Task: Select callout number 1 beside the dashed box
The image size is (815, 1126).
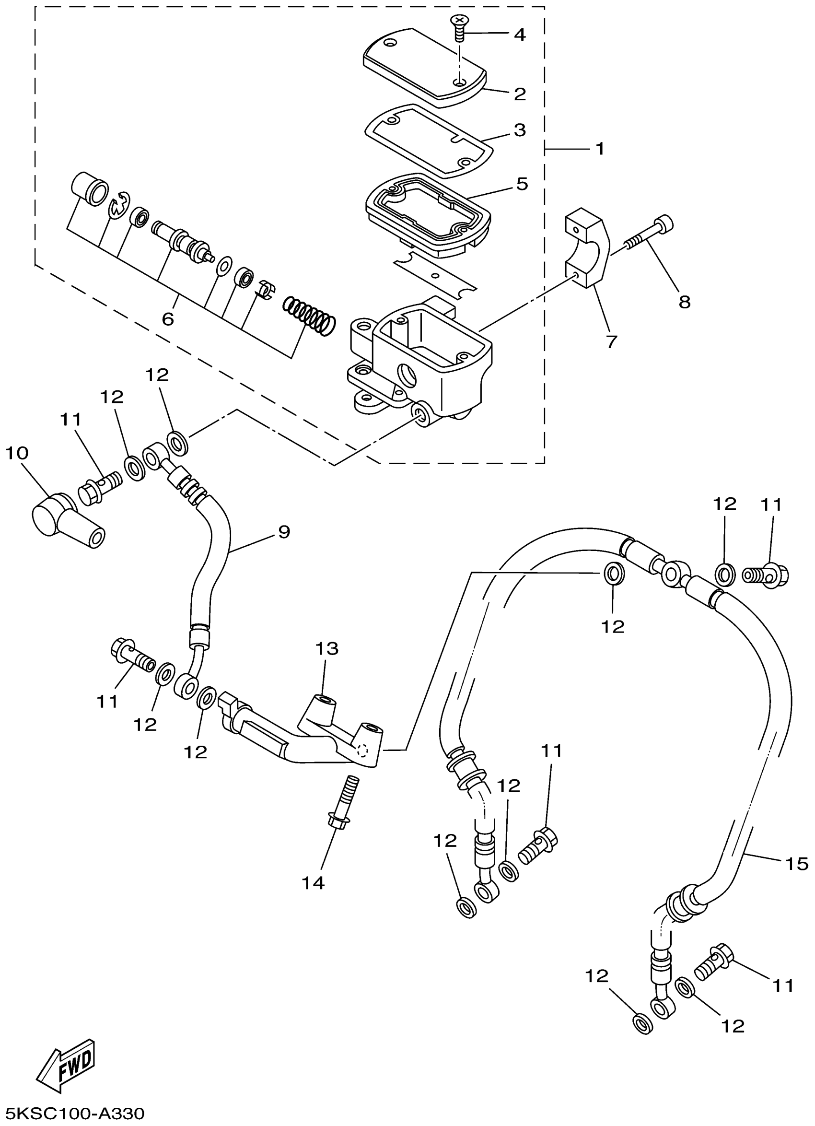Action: pyautogui.click(x=600, y=148)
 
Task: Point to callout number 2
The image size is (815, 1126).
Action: pyautogui.click(x=520, y=94)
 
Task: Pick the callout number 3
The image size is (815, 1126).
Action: pyautogui.click(x=520, y=130)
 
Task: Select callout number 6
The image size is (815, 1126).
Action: pyautogui.click(x=168, y=319)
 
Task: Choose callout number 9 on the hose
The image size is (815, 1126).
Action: pyautogui.click(x=284, y=532)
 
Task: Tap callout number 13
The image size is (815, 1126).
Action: pyautogui.click(x=327, y=648)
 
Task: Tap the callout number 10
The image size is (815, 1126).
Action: pyautogui.click(x=17, y=453)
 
